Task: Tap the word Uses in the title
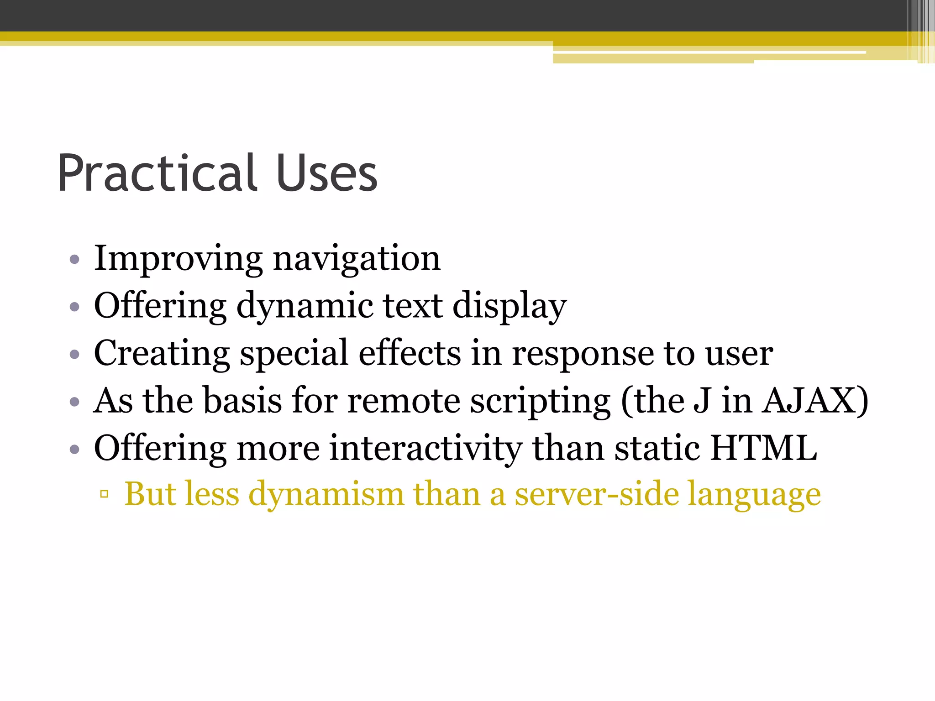[327, 173]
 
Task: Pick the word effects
[410, 353]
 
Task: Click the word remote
[404, 401]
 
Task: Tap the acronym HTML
[764, 448]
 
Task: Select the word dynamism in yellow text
[326, 495]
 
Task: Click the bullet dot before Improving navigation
[74, 260]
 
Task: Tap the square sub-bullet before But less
[105, 494]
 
